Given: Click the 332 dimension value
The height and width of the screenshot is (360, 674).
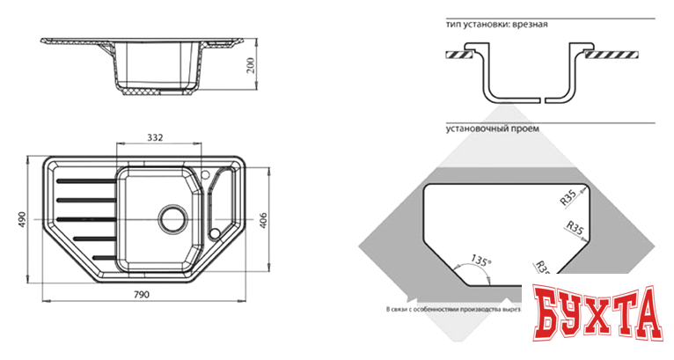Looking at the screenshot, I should tap(153, 137).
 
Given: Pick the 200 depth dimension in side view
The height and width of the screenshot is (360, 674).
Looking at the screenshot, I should tap(251, 66).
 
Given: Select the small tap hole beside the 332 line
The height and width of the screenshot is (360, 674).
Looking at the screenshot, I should tap(205, 174).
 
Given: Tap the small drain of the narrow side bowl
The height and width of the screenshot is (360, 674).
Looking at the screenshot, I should tap(215, 232).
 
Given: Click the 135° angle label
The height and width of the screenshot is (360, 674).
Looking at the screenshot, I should tap(480, 261).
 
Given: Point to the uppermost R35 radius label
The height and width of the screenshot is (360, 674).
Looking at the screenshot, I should tap(568, 198).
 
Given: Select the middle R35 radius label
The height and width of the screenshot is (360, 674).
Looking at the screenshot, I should tap(575, 231).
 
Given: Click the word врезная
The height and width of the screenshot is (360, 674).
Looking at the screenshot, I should tap(529, 24).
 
